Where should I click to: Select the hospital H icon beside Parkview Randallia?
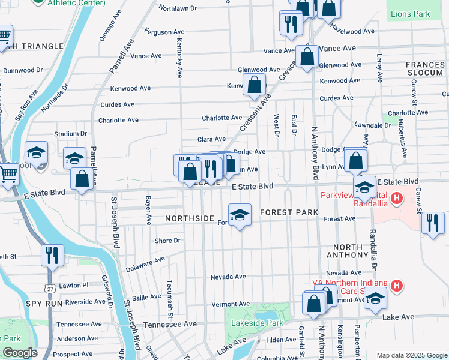pyautogui.click(x=396, y=197)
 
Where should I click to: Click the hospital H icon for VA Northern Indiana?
pyautogui.click(x=396, y=286)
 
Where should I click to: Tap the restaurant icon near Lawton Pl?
pyautogui.click(x=53, y=254)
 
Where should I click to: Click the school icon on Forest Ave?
pyautogui.click(x=240, y=215)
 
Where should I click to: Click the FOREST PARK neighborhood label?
pyautogui.click(x=285, y=212)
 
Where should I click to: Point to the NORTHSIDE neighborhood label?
pyautogui.click(x=189, y=219)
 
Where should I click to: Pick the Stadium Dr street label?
pyautogui.click(x=66, y=134)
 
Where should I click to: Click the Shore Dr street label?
pyautogui.click(x=167, y=241)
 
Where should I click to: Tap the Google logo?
pyautogui.click(x=20, y=353)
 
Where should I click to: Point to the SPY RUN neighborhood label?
pyautogui.click(x=44, y=304)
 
